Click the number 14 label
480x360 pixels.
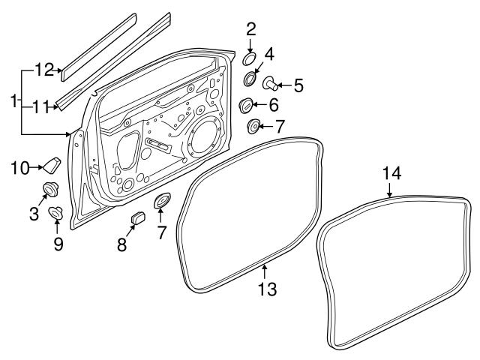[392, 173]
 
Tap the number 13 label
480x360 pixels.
[267, 288]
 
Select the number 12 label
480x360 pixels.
[44, 70]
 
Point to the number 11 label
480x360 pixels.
[42, 107]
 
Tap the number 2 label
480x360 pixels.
[251, 30]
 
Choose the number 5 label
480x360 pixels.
[298, 85]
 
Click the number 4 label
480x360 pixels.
[270, 54]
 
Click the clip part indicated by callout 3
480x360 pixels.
[51, 189]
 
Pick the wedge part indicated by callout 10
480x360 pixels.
[52, 164]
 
